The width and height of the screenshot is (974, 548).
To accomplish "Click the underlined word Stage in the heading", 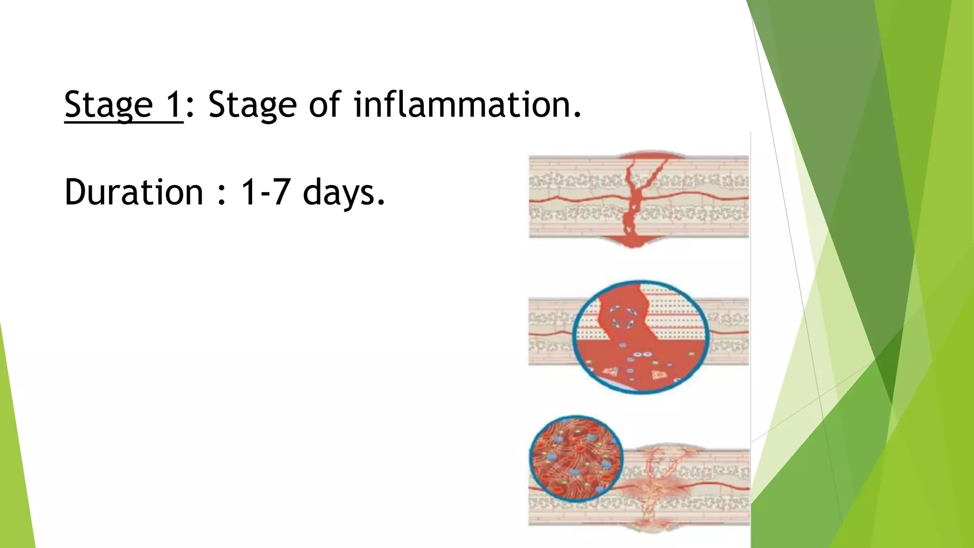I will pyautogui.click(x=108, y=105).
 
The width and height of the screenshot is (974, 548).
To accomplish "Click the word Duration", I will pyautogui.click(x=134, y=192).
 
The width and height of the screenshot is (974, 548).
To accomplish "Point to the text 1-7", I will pyautogui.click(x=265, y=192).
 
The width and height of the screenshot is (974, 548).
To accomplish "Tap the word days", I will pyautogui.click(x=343, y=193).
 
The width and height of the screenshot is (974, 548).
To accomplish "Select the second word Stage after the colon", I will pyautogui.click(x=253, y=105).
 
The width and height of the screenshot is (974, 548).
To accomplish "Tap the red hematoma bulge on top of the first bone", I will pyautogui.click(x=637, y=157).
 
